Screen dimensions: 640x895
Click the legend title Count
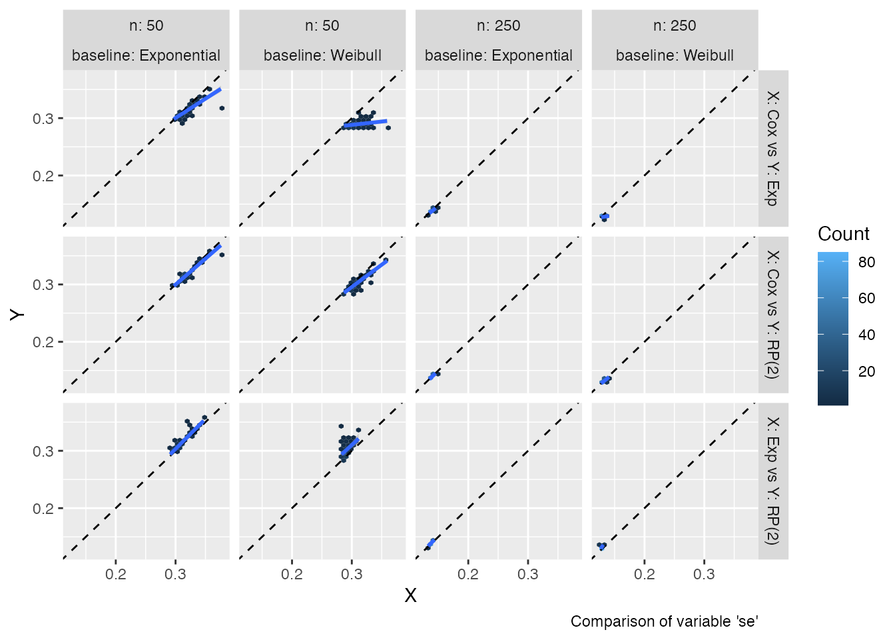coord(843,234)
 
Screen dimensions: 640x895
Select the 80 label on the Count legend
coord(866,262)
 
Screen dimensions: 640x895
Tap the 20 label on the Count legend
coord(866,371)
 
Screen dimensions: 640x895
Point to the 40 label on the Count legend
coord(866,335)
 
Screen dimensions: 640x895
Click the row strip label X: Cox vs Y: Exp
coord(772,149)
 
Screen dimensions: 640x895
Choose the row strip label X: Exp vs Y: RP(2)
coord(772,481)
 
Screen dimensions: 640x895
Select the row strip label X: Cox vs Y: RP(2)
coord(772,315)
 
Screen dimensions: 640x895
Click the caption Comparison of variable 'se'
coord(664,621)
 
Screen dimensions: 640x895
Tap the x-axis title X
coord(410,595)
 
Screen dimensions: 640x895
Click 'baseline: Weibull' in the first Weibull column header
coord(322,55)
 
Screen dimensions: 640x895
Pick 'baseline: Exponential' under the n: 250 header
coord(498,55)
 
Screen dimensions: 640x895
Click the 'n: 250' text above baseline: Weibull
coord(675,26)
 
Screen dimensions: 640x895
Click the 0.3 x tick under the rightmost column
coord(704,574)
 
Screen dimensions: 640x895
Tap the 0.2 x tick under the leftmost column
coord(116,574)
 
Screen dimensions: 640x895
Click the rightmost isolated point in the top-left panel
coord(222,108)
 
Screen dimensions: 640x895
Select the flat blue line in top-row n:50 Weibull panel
coord(365,123)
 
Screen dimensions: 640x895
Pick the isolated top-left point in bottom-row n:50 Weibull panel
coord(341,426)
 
